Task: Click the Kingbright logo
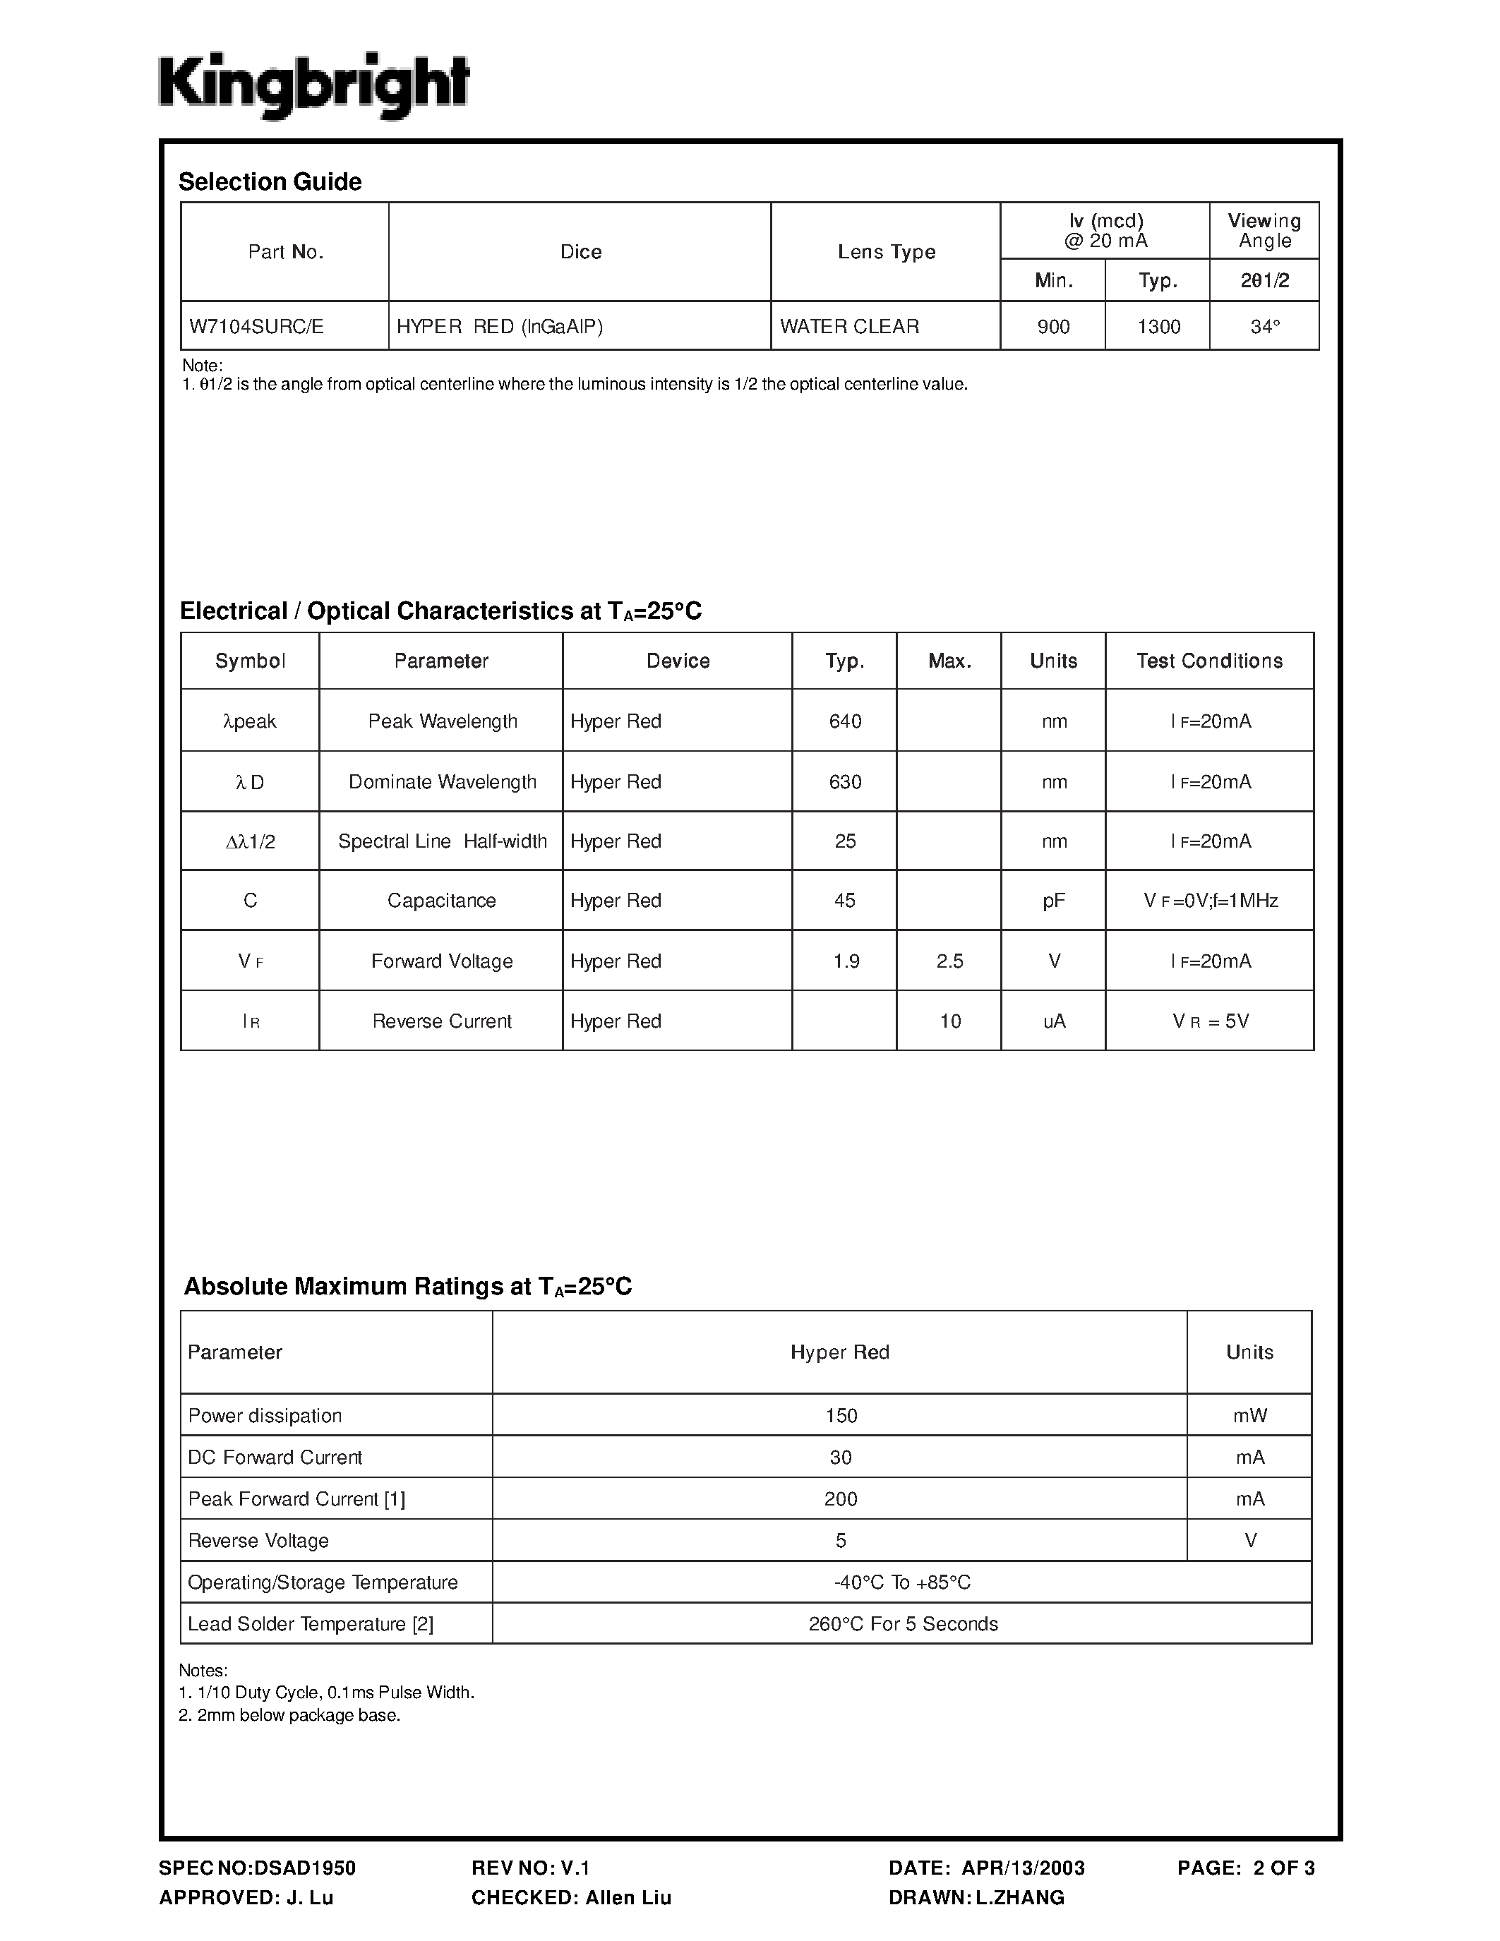[x=313, y=86]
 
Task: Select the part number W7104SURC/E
[x=257, y=327]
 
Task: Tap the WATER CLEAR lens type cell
[x=849, y=327]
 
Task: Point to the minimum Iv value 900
[x=1053, y=327]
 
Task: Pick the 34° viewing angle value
[x=1264, y=327]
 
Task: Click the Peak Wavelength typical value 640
[x=845, y=721]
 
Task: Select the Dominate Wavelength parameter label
[x=443, y=782]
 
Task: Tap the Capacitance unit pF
[x=1054, y=901]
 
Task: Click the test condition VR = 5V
[x=1211, y=1022]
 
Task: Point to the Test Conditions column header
[x=1209, y=661]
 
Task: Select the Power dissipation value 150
[x=841, y=1416]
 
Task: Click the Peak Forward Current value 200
[x=841, y=1499]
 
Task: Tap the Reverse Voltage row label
[x=258, y=1541]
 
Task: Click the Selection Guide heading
[x=270, y=182]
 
